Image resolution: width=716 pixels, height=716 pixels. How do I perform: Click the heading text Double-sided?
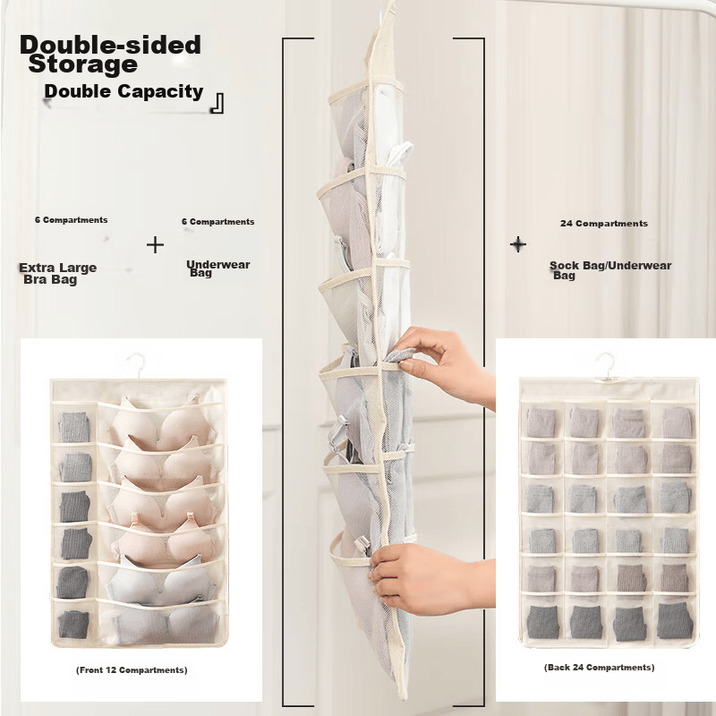pos(110,45)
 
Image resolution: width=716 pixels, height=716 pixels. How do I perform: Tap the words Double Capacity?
pos(124,91)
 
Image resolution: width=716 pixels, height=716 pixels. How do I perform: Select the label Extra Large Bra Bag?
pos(57,274)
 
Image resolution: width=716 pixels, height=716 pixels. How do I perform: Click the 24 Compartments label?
pos(603,223)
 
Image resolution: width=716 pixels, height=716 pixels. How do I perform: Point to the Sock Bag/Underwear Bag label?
pos(610,270)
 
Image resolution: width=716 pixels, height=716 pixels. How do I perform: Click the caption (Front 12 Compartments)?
pos(132,669)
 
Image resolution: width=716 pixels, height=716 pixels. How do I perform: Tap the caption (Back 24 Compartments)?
pos(599,667)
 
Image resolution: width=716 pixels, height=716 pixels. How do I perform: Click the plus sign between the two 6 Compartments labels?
pos(155,244)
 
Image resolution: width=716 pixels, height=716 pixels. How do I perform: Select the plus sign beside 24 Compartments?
pos(518,244)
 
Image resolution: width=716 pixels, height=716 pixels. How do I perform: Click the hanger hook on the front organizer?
pos(137,365)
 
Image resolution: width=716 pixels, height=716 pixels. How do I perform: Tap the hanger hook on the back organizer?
pos(607,365)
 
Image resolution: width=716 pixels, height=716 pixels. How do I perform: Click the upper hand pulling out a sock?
pos(445,365)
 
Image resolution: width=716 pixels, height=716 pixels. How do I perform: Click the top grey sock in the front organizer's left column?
pos(74,427)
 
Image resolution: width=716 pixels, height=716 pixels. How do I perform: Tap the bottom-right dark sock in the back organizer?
pos(675,620)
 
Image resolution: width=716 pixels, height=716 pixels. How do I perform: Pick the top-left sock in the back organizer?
pos(542,422)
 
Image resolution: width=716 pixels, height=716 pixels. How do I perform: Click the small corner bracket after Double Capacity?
pos(217,103)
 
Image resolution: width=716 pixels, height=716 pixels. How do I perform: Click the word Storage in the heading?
pos(82,64)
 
